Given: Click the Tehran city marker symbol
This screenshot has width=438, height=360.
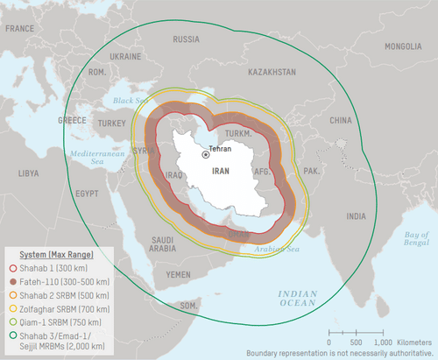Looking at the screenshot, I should (206, 154).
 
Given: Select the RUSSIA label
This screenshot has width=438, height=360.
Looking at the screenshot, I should (186, 39).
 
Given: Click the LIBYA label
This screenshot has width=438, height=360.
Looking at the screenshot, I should (28, 173).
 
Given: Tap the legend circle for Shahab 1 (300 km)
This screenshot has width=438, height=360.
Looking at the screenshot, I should (12, 266).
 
